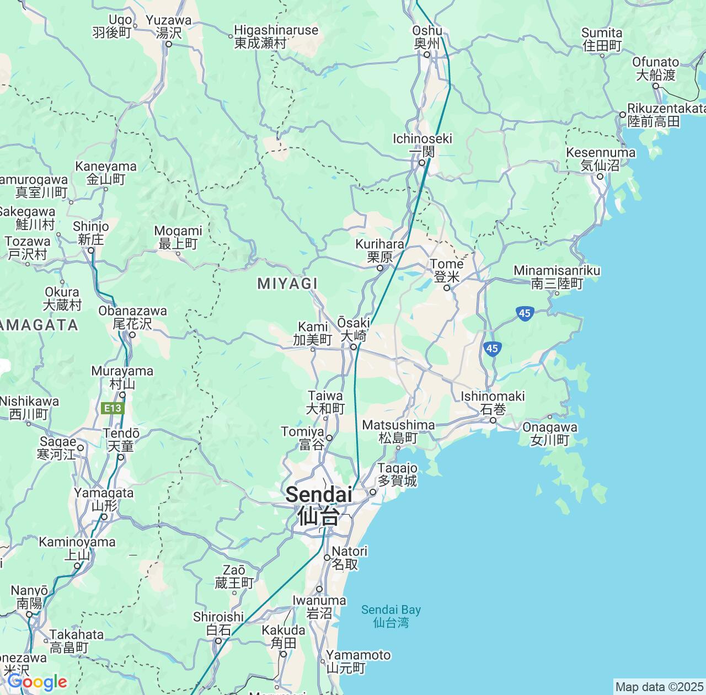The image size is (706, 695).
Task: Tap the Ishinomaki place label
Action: click(x=493, y=403)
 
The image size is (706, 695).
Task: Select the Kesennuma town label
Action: click(x=600, y=158)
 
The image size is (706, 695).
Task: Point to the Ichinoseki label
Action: click(x=422, y=145)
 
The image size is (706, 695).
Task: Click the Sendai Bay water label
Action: click(x=391, y=616)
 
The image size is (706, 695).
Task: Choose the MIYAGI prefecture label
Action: click(x=287, y=284)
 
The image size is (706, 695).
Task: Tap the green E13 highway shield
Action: click(x=114, y=408)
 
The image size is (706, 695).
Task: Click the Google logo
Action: click(x=37, y=682)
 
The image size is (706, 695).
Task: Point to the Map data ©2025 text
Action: click(x=660, y=687)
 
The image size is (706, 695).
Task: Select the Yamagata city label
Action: click(x=104, y=499)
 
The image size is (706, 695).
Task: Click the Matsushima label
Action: click(x=398, y=431)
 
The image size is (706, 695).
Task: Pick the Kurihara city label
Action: click(x=379, y=250)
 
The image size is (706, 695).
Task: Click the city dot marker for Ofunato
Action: click(x=656, y=86)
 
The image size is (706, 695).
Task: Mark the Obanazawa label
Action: click(x=132, y=317)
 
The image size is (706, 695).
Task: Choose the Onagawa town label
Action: click(x=550, y=434)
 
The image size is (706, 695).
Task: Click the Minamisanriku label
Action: click(x=557, y=277)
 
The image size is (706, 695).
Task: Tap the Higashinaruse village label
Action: click(x=276, y=36)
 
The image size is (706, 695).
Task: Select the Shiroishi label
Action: click(x=218, y=623)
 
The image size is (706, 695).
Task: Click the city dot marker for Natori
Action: click(x=327, y=558)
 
